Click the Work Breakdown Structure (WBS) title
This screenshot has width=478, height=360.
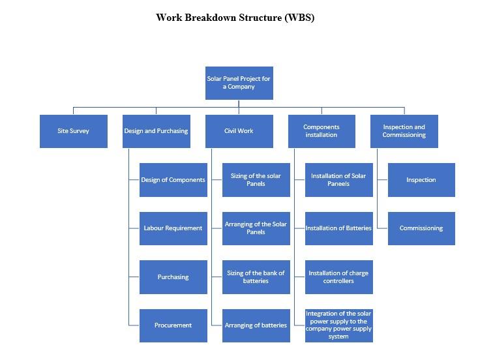pos(235,18)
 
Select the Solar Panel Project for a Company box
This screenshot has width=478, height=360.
pos(239,83)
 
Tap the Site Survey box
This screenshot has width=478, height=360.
pos(73,131)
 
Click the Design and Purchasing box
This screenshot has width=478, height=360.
pos(156,131)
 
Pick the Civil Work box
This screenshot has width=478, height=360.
pos(239,131)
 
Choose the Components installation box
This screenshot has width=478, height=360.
pos(321,131)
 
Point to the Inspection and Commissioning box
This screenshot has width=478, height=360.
pos(404,131)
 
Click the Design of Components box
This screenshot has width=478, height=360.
pos(173,180)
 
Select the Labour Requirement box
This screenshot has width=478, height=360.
pos(173,228)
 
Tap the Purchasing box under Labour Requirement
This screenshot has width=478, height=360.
pos(173,277)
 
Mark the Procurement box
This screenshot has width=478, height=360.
pos(173,325)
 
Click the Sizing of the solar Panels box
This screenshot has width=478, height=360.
pos(256,180)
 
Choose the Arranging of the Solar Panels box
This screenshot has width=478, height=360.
pos(256,228)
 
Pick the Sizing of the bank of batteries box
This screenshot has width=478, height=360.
pos(256,277)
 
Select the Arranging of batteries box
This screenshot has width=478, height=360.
pos(256,325)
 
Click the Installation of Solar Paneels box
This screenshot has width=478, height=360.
pos(339,180)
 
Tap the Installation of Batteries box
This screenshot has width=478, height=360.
pos(339,228)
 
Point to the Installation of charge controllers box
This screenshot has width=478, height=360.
pos(339,277)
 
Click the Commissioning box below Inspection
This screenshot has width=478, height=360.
pos(421,228)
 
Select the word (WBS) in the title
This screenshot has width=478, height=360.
pos(299,18)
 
